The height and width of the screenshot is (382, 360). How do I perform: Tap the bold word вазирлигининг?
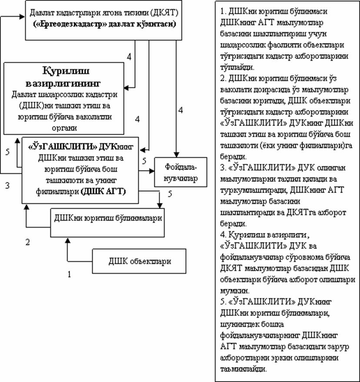[72, 82]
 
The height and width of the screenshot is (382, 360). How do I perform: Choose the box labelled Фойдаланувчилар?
[181, 172]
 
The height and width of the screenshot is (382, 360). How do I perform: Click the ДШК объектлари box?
[140, 261]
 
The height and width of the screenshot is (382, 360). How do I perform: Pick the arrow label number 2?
[27, 242]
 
